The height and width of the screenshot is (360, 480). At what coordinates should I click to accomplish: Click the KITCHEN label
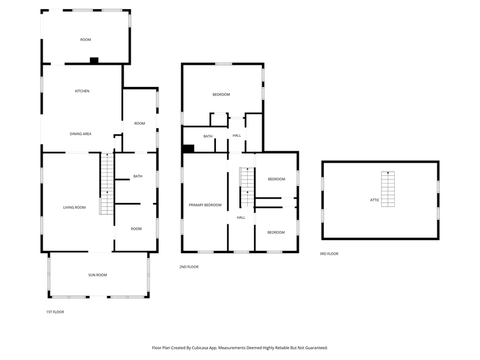pos(82,91)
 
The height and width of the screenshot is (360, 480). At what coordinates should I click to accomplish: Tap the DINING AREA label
pos(80,134)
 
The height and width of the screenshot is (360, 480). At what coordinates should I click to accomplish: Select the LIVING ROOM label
pos(74,207)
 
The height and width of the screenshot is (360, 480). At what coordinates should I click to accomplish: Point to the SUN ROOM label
pos(98,275)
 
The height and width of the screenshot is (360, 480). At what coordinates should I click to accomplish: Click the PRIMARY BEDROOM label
pos(205,205)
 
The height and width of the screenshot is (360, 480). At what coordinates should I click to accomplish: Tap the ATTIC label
pos(374,200)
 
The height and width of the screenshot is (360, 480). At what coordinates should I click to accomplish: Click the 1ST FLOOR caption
pos(55,312)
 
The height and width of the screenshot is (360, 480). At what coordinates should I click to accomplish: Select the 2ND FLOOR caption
pos(189,267)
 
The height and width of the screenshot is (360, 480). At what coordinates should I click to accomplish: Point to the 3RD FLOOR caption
pos(329,254)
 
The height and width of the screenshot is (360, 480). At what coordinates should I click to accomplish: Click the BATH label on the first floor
pos(138,176)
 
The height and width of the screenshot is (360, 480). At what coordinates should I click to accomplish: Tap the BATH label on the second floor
pos(208,136)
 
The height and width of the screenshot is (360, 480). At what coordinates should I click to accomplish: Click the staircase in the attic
pos(388,189)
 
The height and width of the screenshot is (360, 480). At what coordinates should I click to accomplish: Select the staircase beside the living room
pos(107,184)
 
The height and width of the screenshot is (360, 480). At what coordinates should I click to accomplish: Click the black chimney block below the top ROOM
pos(94,61)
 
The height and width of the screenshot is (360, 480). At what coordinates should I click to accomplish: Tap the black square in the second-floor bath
pos(188,148)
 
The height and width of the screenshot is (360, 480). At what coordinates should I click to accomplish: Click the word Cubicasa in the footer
pos(200,348)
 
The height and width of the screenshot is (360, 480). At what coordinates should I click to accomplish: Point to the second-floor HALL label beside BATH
pos(236,136)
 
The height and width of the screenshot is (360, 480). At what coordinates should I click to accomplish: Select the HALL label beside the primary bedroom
pos(241,217)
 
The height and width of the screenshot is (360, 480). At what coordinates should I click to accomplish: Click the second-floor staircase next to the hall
pos(247,187)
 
